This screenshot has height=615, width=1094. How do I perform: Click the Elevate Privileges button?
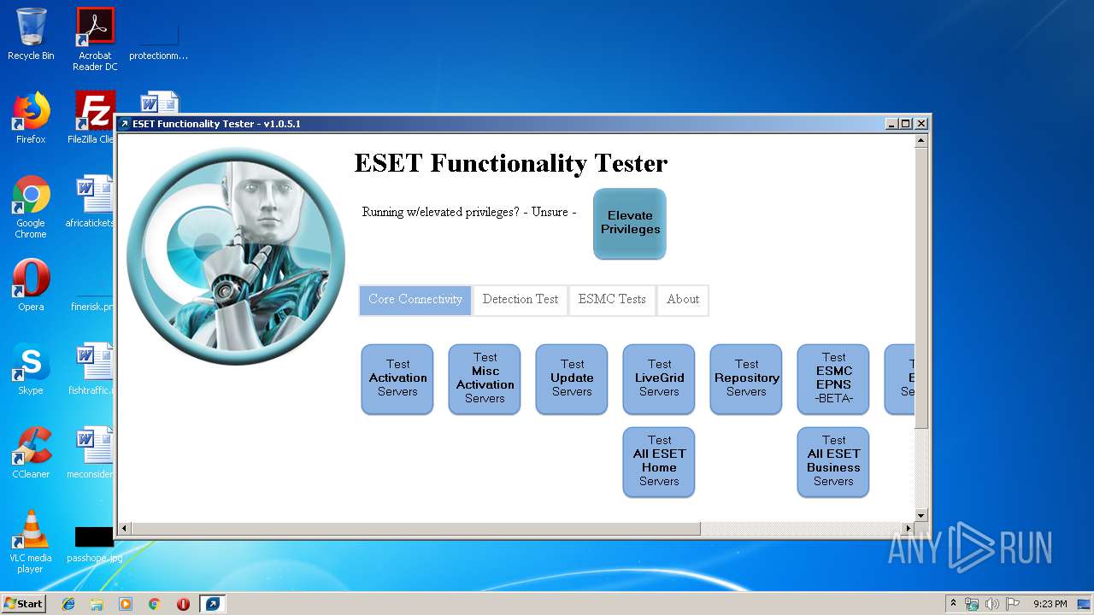(x=629, y=223)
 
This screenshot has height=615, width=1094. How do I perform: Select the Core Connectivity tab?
(x=415, y=300)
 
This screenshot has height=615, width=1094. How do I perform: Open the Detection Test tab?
(x=520, y=300)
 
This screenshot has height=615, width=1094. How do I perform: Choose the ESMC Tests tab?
(x=611, y=300)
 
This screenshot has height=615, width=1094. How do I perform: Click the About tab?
(x=682, y=300)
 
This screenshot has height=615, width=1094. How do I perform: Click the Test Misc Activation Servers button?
(x=485, y=378)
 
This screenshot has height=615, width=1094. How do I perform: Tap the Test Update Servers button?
(x=572, y=378)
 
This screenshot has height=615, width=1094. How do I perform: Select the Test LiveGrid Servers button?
(x=659, y=378)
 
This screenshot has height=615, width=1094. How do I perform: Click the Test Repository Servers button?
(x=746, y=378)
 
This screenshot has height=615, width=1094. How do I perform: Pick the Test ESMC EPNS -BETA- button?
(x=833, y=378)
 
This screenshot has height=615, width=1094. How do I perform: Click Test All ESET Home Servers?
(x=659, y=461)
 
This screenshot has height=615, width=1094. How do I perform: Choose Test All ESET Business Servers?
(x=833, y=461)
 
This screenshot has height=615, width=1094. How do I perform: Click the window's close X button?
(x=920, y=124)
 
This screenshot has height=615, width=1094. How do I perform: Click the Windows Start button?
(x=24, y=604)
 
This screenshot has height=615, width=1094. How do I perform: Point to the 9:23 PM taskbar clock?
(x=1050, y=604)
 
